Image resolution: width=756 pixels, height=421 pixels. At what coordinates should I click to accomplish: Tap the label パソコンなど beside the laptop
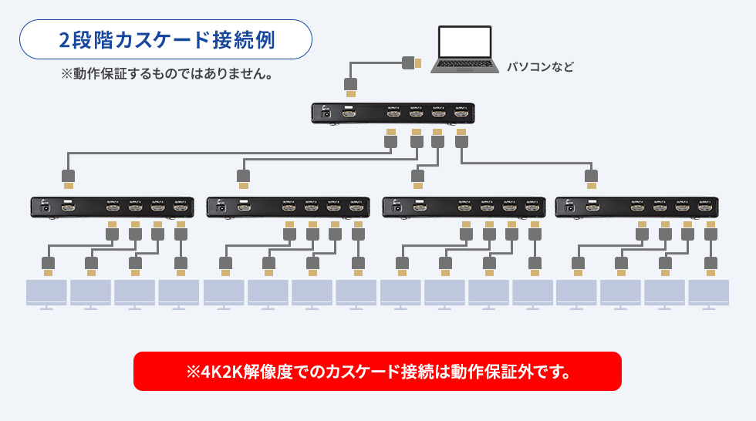pyautogui.click(x=540, y=67)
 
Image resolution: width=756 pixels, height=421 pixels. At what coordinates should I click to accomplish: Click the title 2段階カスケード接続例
pyautogui.click(x=166, y=39)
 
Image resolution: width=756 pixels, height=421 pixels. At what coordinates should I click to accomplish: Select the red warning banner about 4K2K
pyautogui.click(x=377, y=371)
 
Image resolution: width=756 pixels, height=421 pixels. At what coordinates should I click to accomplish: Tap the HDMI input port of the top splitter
pyautogui.click(x=349, y=113)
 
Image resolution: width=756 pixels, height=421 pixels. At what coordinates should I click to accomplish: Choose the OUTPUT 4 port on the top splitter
pyautogui.click(x=393, y=114)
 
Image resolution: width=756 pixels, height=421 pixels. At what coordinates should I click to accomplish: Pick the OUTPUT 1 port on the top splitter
pyautogui.click(x=461, y=114)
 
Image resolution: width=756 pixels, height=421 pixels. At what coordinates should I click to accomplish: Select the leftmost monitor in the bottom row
pyautogui.click(x=47, y=294)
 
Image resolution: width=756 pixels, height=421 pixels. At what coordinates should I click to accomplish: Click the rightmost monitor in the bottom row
pyautogui.click(x=708, y=294)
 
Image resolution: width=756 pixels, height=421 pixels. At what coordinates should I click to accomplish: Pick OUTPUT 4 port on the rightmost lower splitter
pyautogui.click(x=637, y=207)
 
